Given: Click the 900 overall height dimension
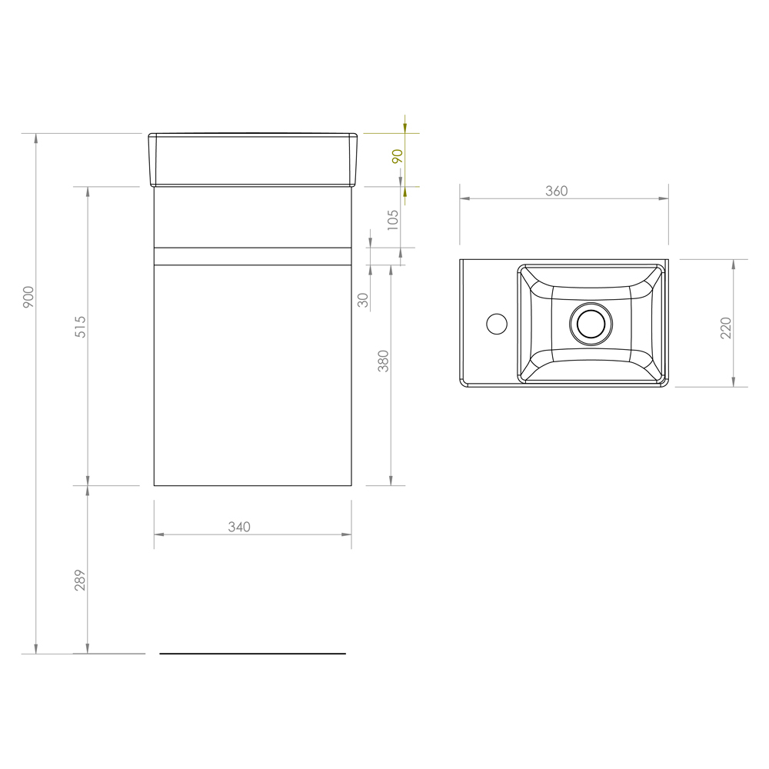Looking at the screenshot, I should (x=28, y=297).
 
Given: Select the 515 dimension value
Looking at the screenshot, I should (x=80, y=326).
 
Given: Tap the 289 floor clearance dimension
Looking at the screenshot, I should (x=80, y=580).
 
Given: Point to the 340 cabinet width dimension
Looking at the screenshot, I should (x=239, y=527).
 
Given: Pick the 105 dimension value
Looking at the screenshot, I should (x=393, y=221).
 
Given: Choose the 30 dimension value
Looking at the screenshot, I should (x=364, y=300).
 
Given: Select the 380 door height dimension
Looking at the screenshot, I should (x=384, y=361).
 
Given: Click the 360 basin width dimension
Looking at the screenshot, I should (x=556, y=191).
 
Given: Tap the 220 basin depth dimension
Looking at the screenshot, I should (x=725, y=328).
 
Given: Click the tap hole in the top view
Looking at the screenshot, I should (x=498, y=324).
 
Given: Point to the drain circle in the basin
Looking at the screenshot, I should (x=591, y=323).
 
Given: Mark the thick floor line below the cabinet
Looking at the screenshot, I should (x=252, y=654).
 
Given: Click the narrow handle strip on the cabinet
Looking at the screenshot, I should (x=252, y=256).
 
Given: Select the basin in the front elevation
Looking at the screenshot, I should (x=253, y=160).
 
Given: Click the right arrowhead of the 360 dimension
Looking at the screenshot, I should (x=664, y=198).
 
